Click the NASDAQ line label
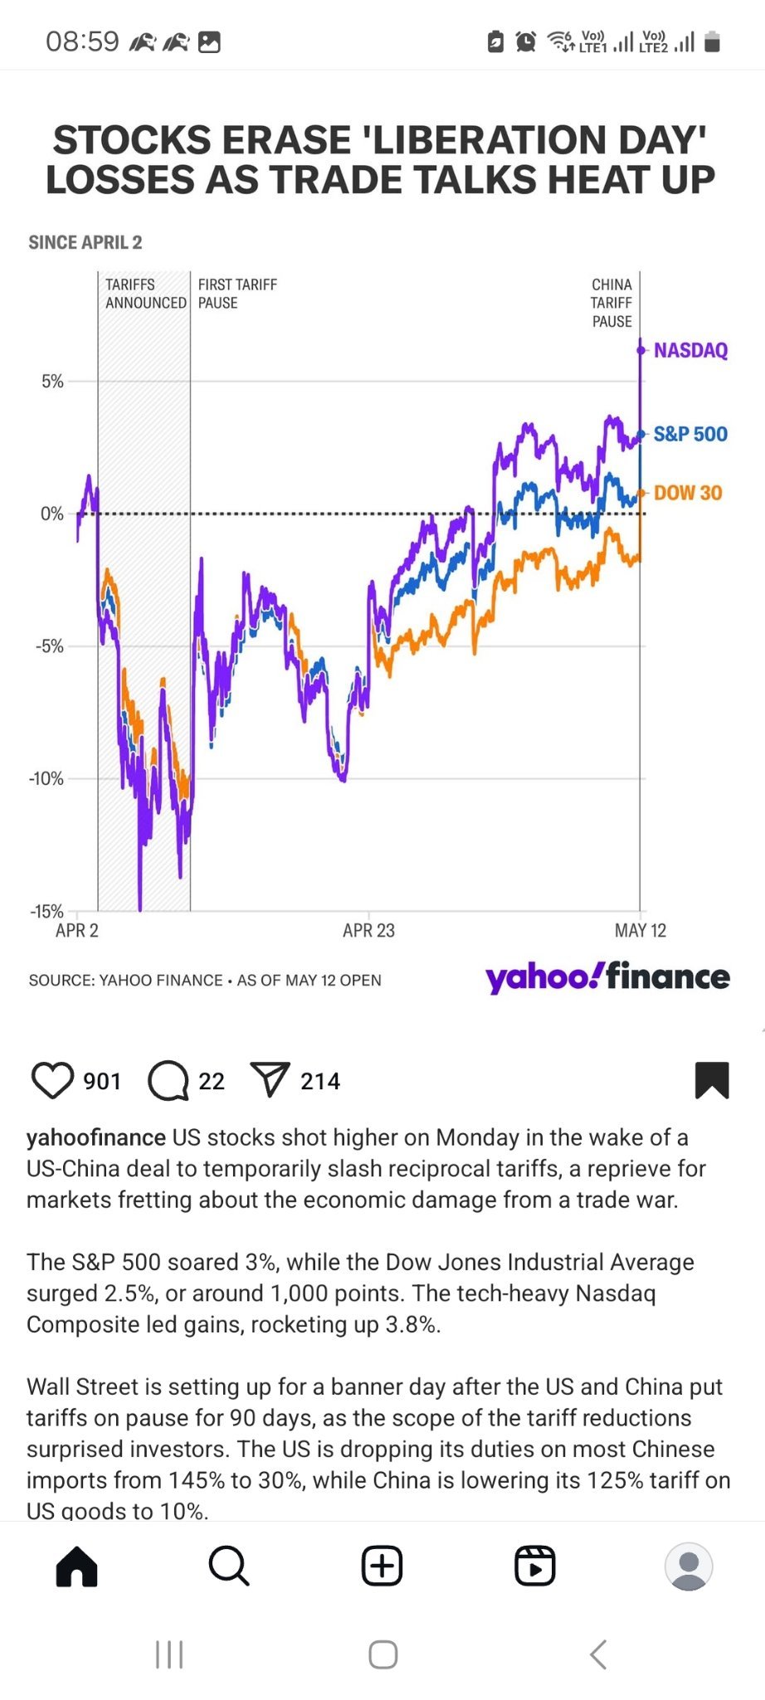690,350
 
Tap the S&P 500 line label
690,434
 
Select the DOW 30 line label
688,493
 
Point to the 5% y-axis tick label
52,382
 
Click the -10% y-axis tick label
46,779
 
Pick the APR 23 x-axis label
368,931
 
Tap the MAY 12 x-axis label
641,931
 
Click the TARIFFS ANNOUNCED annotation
145,294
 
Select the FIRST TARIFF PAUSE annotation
237,294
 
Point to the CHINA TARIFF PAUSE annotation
612,303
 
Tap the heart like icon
52,1080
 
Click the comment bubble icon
168,1080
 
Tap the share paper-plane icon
270,1079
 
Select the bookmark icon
712,1080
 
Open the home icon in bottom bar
77,1566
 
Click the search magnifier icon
229,1566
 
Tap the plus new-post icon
382,1566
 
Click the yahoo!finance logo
607,977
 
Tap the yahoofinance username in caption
96,1137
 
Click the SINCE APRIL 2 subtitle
85,242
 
